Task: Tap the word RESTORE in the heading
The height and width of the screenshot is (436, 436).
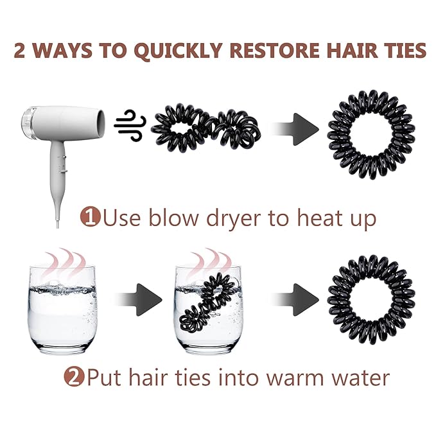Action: (274, 50)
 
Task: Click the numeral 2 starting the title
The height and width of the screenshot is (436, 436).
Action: (19, 50)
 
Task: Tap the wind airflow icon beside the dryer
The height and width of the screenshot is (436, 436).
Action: (130, 125)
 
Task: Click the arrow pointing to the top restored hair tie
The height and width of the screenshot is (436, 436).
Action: (295, 129)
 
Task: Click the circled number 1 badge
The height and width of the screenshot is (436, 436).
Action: (90, 217)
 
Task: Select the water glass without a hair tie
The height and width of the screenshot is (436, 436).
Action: (62, 310)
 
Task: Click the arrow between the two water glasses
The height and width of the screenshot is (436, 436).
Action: (138, 300)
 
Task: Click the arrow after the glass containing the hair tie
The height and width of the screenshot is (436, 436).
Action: (295, 300)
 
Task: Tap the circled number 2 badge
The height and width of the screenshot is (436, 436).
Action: (74, 378)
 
